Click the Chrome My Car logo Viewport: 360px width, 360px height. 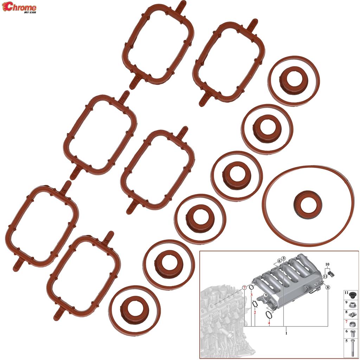(x=21, y=8)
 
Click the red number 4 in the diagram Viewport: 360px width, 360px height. (x=269, y=322)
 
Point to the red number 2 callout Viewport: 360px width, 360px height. (x=255, y=312)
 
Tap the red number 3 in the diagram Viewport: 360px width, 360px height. (x=251, y=294)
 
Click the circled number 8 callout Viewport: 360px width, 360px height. (x=328, y=287)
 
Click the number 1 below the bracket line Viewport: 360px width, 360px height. (x=287, y=333)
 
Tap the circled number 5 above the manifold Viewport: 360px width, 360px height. (x=283, y=258)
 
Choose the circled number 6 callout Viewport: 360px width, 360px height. (x=279, y=261)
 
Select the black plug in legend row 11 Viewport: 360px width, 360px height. (x=352, y=294)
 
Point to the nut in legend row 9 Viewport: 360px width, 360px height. (x=352, y=303)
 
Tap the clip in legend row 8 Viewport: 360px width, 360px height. (x=352, y=313)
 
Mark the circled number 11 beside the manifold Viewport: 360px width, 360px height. (x=325, y=276)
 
